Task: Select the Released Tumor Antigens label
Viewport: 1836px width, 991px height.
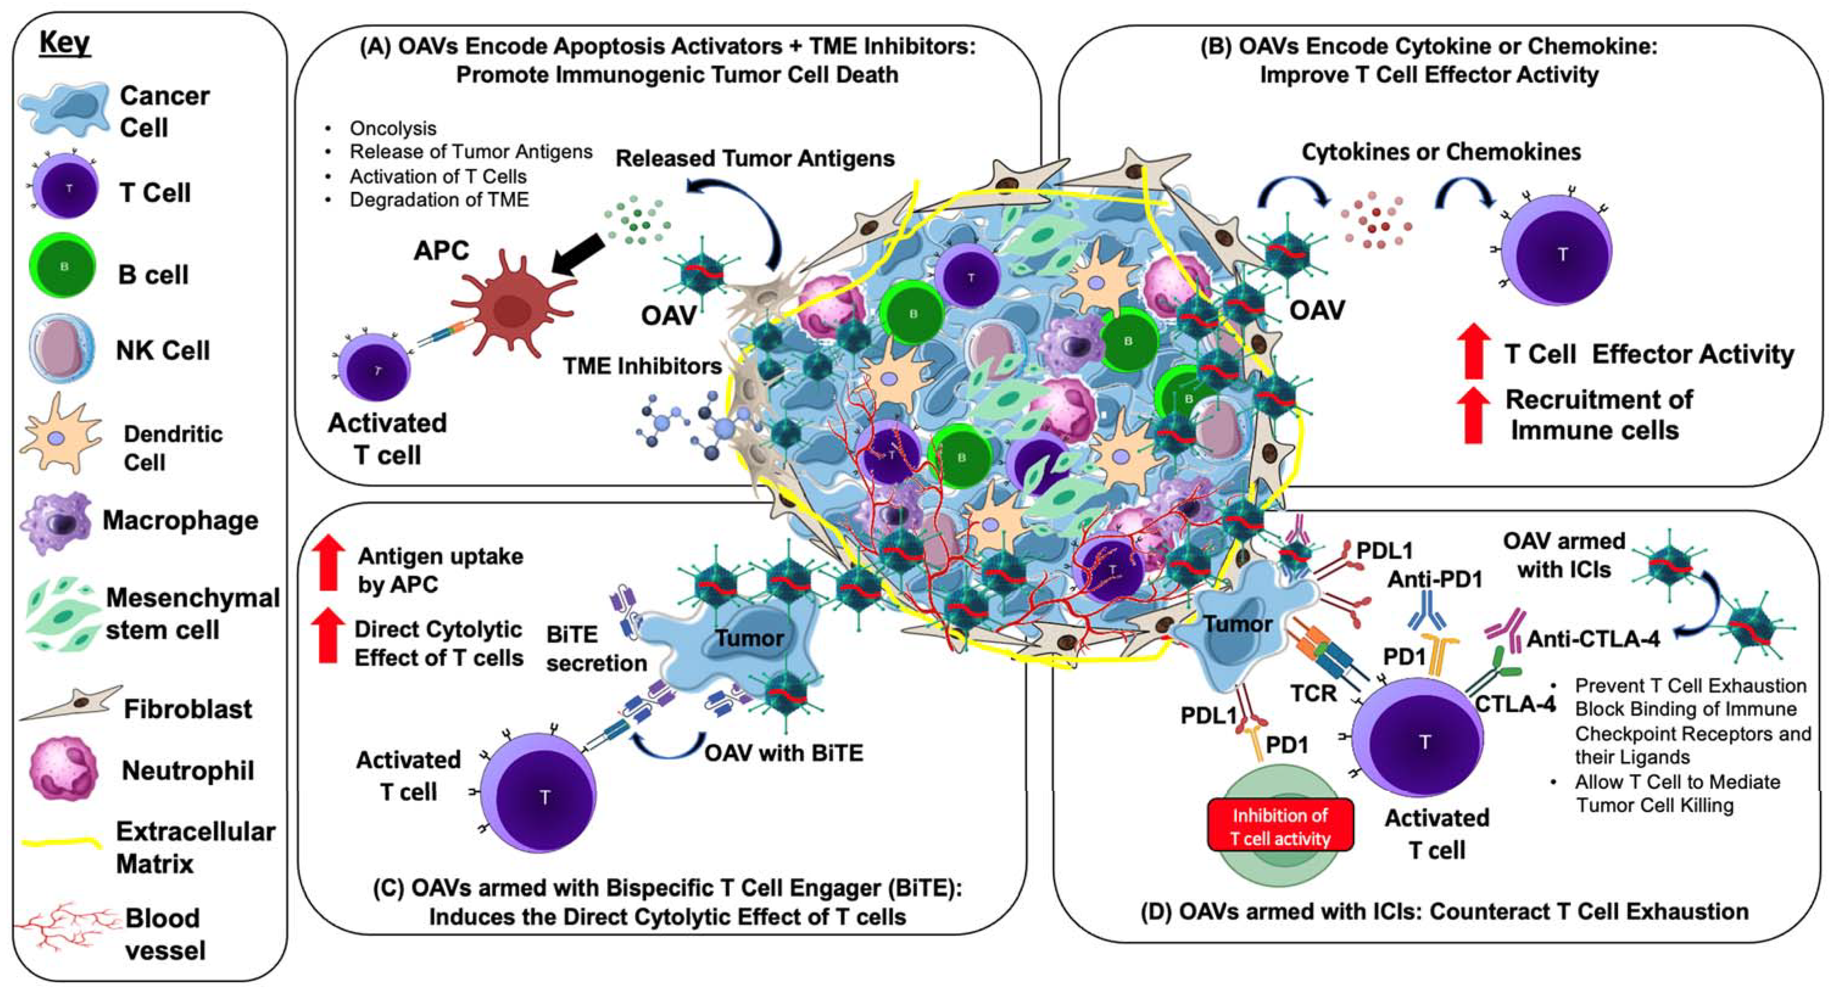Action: (755, 158)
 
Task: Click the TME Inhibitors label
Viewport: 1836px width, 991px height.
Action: (642, 366)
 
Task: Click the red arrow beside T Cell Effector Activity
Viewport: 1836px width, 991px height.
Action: (1473, 351)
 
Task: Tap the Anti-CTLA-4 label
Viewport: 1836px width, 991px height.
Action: (1592, 639)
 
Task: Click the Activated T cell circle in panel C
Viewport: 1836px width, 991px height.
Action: (538, 792)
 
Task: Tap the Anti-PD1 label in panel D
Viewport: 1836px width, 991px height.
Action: (1434, 579)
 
